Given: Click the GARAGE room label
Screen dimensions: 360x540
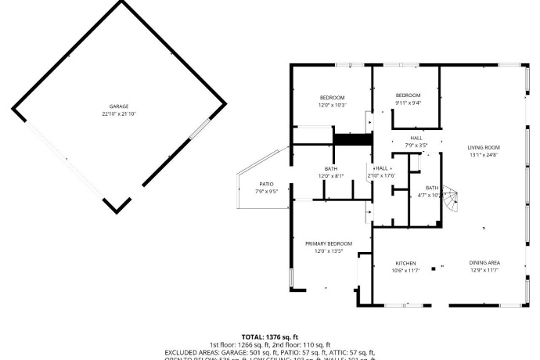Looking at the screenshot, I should (119, 106).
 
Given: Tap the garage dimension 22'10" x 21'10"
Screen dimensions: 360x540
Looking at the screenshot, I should (119, 114).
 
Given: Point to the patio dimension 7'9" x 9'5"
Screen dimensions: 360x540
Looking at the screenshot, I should (266, 192).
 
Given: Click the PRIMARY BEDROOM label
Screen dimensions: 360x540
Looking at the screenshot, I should (329, 243).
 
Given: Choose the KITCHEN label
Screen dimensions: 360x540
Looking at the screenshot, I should (405, 263).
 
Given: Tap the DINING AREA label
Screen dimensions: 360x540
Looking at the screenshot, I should (484, 263).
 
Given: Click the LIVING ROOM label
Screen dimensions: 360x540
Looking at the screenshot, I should (484, 147).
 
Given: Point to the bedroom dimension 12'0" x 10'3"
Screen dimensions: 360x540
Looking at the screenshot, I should (332, 105).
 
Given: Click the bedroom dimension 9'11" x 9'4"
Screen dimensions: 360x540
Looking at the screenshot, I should (408, 103).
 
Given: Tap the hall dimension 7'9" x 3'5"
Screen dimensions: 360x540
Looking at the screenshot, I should (416, 146).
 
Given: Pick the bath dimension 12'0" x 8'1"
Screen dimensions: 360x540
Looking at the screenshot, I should (331, 176).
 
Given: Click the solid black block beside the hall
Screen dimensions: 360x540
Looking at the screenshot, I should (352, 139).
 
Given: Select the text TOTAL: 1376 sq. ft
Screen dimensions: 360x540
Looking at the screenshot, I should (269, 337).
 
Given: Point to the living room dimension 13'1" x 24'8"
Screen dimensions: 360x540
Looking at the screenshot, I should (484, 155).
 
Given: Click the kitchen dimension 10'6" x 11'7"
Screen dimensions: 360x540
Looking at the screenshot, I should (405, 271).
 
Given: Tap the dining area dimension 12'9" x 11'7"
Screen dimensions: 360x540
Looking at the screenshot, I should (484, 271).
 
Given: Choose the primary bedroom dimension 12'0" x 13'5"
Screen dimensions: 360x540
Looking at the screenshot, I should (329, 251).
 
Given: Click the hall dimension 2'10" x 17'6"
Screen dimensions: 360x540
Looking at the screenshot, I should (382, 176).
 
